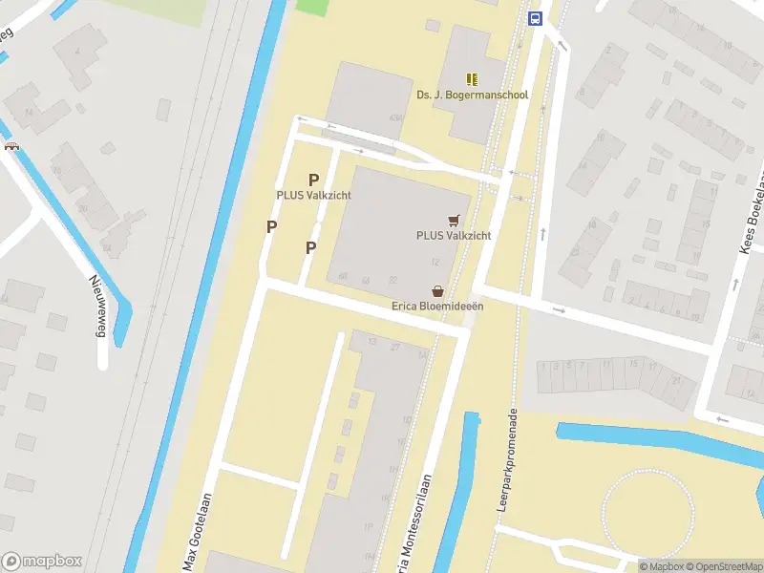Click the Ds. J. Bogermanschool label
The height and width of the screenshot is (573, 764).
472,95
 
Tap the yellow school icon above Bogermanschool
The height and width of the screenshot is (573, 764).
472,78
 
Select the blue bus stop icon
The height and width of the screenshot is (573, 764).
535,18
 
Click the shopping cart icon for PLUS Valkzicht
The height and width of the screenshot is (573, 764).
454,219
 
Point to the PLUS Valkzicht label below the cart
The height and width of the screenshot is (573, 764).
453,235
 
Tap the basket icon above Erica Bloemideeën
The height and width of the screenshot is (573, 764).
437,290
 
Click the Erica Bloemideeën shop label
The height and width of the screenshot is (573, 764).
437,307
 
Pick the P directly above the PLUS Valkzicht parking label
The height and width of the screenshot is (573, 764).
313,180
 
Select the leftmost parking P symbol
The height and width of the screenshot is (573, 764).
272,226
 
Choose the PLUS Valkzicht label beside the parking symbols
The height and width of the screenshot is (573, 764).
313,196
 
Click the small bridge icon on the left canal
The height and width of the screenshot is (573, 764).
11,146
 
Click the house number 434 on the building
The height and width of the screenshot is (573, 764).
395,117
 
